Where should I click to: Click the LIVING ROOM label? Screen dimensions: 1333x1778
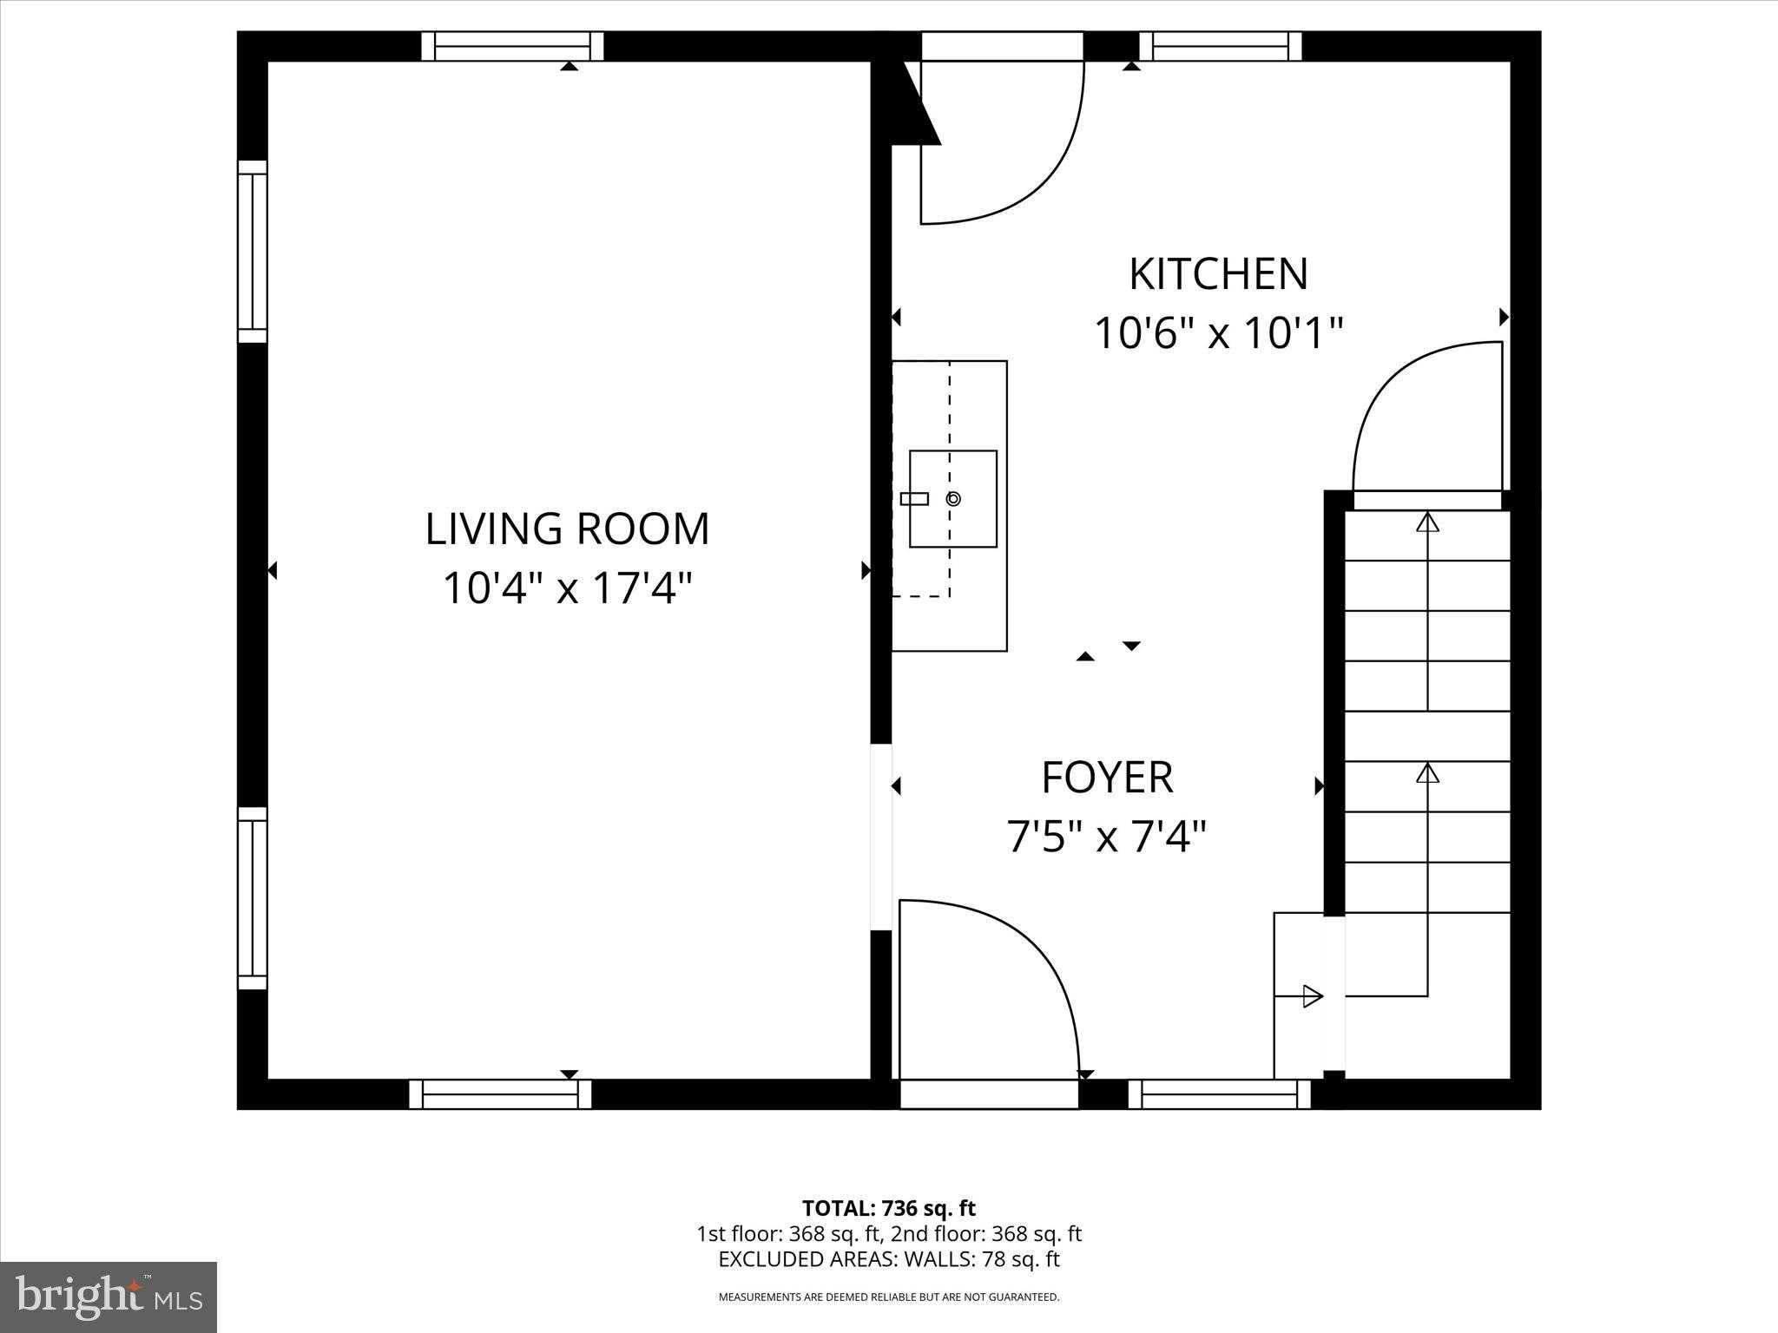point(567,529)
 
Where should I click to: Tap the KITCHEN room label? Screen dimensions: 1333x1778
point(1218,274)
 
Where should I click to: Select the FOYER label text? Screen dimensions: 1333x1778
point(1107,778)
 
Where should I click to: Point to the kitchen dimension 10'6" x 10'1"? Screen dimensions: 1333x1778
point(1218,333)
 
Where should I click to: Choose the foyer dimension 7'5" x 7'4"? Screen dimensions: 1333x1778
point(1107,837)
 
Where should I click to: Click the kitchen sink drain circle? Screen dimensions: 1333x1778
point(953,498)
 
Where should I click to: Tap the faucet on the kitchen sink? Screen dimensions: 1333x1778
point(914,498)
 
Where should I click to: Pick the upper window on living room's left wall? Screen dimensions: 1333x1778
point(253,252)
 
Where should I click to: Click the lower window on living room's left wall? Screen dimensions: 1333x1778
point(253,898)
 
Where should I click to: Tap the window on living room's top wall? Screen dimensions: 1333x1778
point(512,46)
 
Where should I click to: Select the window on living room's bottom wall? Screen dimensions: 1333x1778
point(500,1094)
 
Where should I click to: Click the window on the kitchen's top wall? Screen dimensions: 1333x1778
point(1220,46)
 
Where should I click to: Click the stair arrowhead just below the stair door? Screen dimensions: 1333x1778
point(1427,522)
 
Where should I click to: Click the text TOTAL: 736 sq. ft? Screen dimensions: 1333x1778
point(888,1208)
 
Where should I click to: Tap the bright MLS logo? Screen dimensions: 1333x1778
point(109,1297)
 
